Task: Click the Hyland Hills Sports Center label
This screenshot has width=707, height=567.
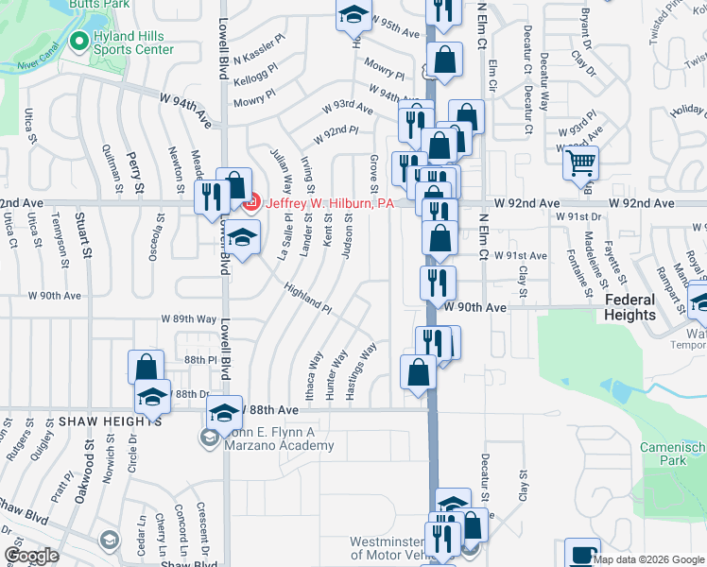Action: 133,42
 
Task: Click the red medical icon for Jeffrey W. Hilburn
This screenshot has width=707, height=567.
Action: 250,201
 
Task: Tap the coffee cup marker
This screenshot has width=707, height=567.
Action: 582,554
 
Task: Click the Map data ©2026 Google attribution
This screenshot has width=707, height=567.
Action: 648,559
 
